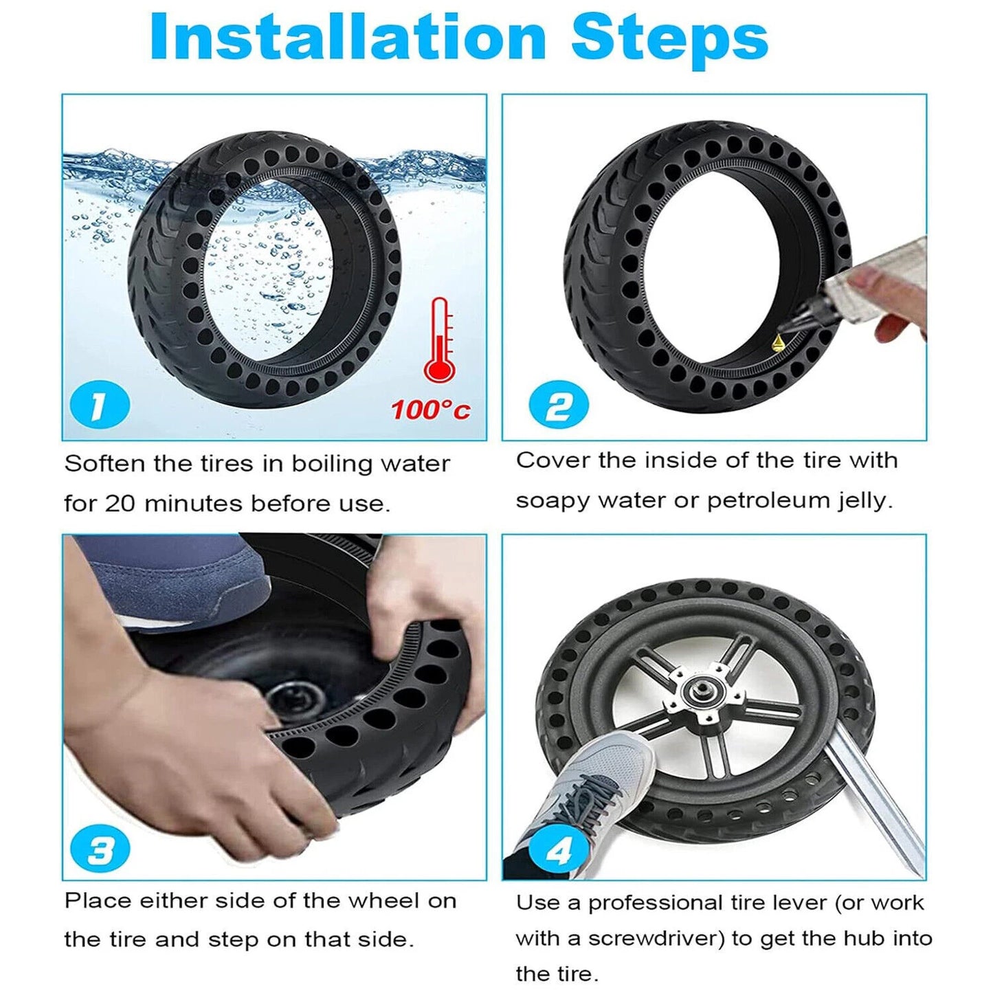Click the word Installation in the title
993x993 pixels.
(347, 38)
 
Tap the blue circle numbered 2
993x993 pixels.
(558, 405)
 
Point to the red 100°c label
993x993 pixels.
(431, 410)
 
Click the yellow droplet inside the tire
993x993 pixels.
(778, 341)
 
